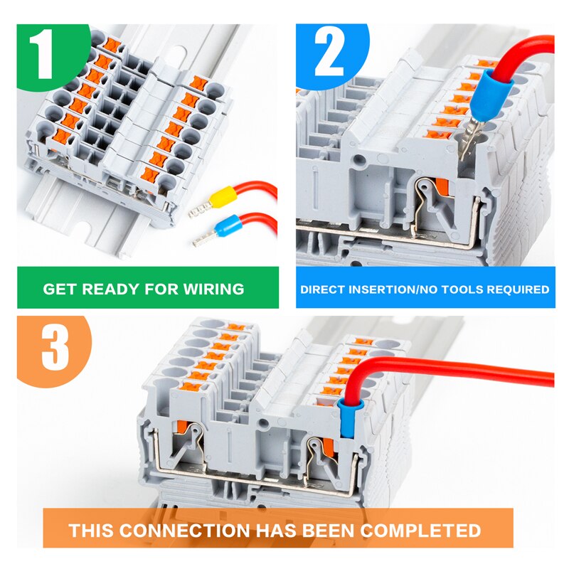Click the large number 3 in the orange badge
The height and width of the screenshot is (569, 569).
point(55,348)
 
